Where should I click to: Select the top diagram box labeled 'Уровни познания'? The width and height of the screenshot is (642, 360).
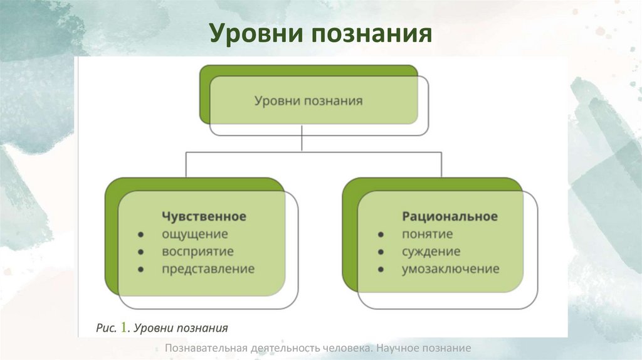308,100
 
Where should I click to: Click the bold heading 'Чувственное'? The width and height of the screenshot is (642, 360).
204,216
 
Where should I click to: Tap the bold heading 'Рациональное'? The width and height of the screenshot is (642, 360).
450,216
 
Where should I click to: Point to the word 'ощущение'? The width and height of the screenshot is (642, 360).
195,234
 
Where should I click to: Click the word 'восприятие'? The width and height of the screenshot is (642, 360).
197,251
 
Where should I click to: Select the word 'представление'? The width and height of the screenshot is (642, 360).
208,269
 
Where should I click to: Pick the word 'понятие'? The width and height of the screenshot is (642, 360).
427,234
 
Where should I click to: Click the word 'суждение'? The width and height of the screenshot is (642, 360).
431,251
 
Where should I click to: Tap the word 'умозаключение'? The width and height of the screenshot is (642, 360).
450,269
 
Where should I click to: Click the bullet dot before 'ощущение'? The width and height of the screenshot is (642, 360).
142,235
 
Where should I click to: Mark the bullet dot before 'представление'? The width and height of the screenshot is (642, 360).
142,270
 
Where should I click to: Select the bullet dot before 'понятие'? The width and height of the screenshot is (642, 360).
381,235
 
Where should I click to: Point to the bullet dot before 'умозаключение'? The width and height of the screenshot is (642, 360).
381,270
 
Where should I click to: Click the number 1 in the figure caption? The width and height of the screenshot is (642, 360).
124,327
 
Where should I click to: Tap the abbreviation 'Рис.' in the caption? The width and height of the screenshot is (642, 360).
105,328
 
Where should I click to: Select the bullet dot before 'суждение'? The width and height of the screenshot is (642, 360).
381,252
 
